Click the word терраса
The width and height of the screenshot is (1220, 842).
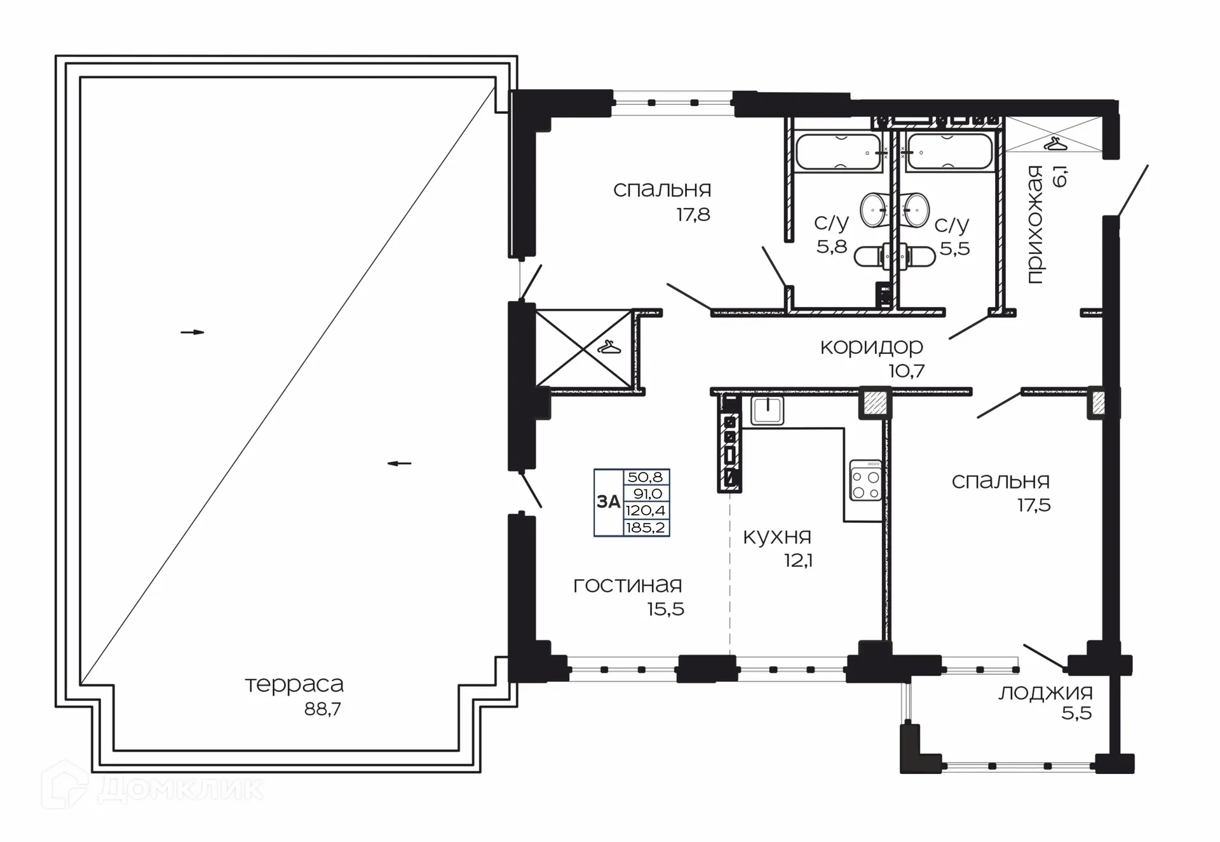tap(294, 684)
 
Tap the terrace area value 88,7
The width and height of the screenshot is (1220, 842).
tap(322, 709)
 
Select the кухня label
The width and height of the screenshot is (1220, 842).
tap(777, 537)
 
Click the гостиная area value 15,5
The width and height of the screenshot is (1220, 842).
tap(665, 609)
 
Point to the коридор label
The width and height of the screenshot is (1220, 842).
tap(871, 347)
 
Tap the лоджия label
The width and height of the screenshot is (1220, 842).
tap(1045, 693)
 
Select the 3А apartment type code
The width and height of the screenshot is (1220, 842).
tap(608, 502)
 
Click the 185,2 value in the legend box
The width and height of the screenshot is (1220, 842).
tap(646, 527)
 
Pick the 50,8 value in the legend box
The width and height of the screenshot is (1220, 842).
tap(646, 477)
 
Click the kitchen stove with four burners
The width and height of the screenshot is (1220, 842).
tap(865, 481)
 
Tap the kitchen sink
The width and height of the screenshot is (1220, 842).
tap(767, 410)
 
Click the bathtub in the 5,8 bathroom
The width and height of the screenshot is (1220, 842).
tap(838, 152)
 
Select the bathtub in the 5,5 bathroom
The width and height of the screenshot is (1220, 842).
tap(949, 152)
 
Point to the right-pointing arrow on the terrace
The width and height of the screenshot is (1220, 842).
tap(193, 332)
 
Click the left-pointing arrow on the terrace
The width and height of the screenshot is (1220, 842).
tap(399, 463)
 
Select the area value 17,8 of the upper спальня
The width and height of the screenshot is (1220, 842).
tap(693, 215)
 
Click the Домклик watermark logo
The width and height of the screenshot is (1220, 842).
tap(152, 788)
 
